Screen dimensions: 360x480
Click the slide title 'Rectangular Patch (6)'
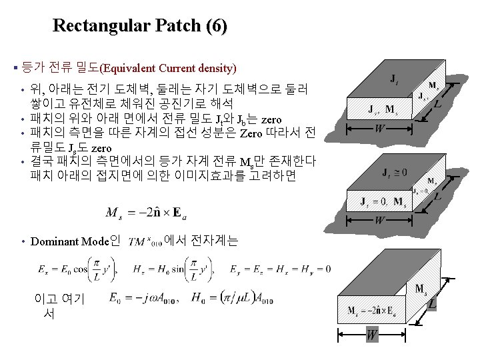click(140, 26)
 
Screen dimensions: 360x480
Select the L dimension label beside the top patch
click(437, 104)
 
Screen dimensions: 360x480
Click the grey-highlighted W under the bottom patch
click(371, 335)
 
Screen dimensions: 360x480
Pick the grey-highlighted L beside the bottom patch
click(432, 304)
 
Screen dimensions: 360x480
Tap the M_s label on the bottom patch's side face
click(421, 289)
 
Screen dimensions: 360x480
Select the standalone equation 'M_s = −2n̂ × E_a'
click(144, 213)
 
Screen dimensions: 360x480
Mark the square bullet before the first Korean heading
click(15, 68)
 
